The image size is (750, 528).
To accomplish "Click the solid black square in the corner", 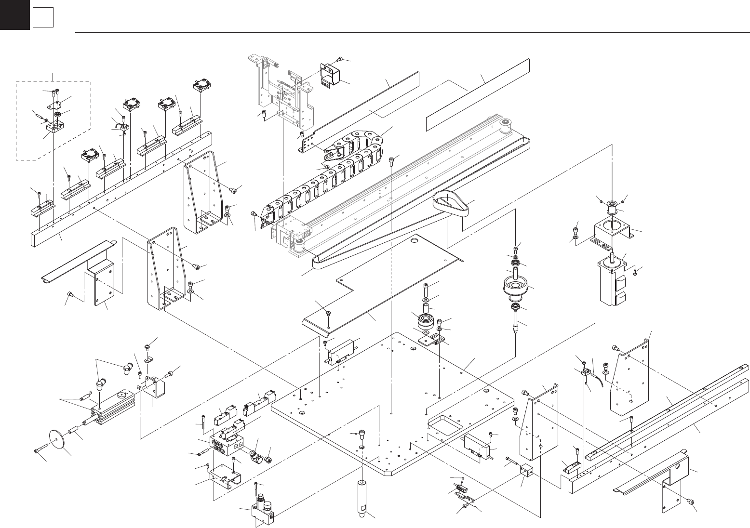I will (14, 14).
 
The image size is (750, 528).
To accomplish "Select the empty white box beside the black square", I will (42, 18).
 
